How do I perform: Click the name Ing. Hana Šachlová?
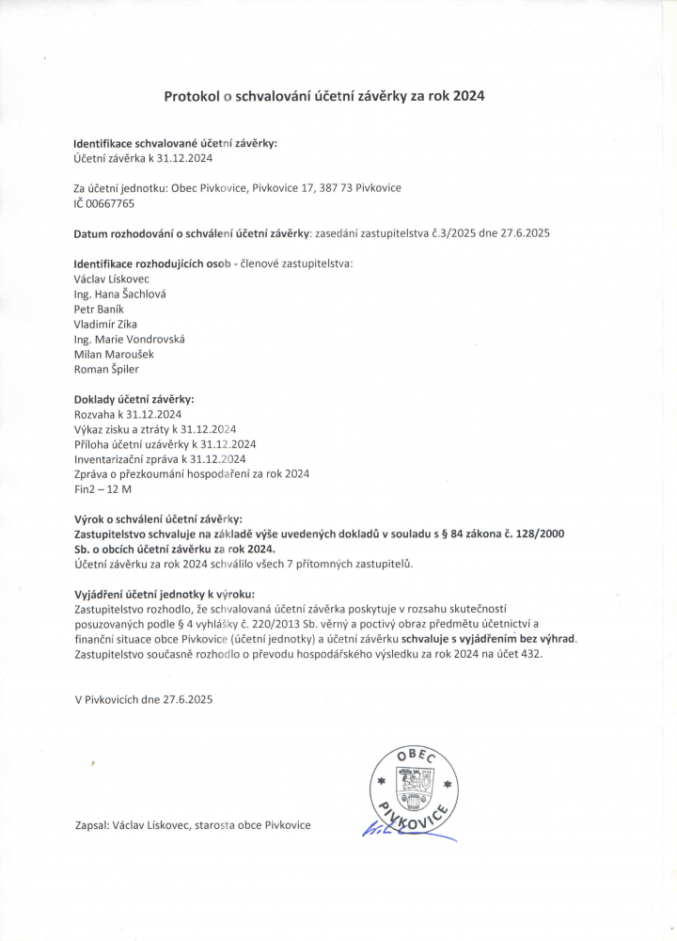pyautogui.click(x=119, y=294)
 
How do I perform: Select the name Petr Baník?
pyautogui.click(x=98, y=309)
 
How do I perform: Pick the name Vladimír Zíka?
pyautogui.click(x=105, y=324)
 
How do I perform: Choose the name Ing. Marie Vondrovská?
pyautogui.click(x=129, y=339)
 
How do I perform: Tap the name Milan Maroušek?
pyautogui.click(x=113, y=354)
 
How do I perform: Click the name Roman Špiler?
pyautogui.click(x=105, y=369)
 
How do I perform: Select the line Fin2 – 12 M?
pyautogui.click(x=103, y=488)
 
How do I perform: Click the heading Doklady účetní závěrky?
pyautogui.click(x=134, y=399)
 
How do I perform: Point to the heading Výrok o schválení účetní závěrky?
pyautogui.click(x=157, y=518)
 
